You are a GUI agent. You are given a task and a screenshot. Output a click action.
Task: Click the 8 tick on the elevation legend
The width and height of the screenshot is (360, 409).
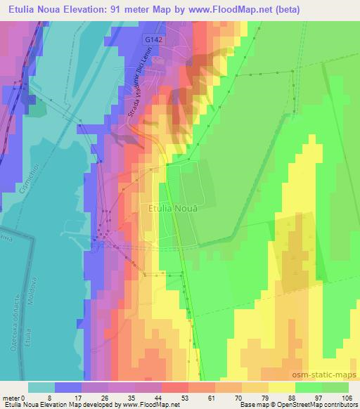tap(50, 398)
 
